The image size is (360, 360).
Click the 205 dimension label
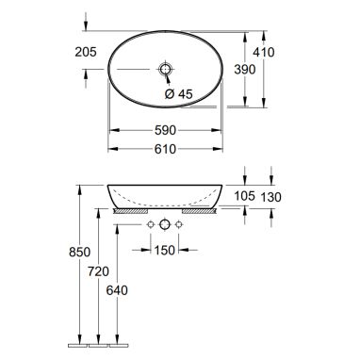click(86, 52)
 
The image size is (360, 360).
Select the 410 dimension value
click(264, 52)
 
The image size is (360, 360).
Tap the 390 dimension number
click(245, 70)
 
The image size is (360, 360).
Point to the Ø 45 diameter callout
click(179, 93)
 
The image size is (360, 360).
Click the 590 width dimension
click(165, 130)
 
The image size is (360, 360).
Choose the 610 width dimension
click(165, 149)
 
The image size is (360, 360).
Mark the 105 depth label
click(244, 196)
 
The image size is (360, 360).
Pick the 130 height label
click(270, 197)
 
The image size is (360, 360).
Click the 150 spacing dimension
click(165, 250)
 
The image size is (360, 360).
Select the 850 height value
click(79, 252)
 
